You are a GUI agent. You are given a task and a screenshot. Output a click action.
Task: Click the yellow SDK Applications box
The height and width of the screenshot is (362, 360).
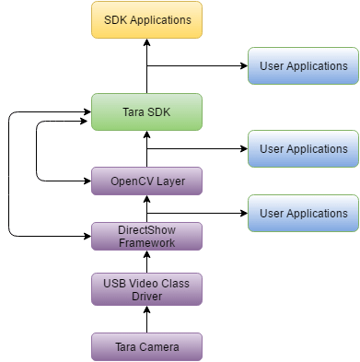[x=146, y=19]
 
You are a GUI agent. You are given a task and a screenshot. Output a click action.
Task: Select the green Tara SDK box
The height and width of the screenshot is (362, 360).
[x=146, y=112]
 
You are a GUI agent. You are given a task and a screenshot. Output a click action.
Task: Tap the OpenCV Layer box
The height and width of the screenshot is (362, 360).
[x=146, y=181]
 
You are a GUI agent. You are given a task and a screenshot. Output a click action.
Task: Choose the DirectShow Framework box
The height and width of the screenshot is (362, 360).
[x=146, y=236]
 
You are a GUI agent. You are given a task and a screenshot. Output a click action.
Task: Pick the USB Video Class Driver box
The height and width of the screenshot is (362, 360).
[x=146, y=290]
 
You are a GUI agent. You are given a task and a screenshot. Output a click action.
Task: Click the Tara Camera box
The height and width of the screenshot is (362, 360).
[x=146, y=345]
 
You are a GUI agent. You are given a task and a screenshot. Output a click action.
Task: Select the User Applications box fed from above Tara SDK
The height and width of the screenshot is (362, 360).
[x=303, y=66]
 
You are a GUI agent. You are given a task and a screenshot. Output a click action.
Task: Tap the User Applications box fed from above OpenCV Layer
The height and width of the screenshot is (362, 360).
[x=303, y=148]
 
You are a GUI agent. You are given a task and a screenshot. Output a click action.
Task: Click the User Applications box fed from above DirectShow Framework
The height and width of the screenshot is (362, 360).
[x=303, y=213]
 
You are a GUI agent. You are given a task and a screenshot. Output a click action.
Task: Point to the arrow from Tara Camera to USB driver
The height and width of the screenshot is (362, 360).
[x=146, y=320]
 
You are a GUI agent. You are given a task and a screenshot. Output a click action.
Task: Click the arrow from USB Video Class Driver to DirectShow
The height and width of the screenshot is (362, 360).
[x=146, y=263]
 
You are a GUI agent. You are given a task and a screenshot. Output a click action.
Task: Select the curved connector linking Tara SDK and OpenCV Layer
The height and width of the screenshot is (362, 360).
[x=37, y=147]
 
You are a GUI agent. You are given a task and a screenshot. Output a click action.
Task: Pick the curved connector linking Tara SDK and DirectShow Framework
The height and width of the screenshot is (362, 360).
[x=9, y=175]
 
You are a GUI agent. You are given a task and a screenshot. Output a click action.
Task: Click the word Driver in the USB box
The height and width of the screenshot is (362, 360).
[x=146, y=297]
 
